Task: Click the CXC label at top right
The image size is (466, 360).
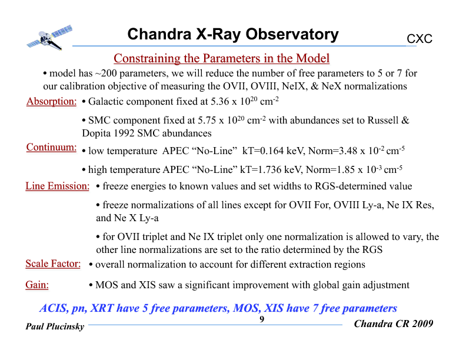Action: point(420,39)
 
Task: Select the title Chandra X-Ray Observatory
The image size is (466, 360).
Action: point(233,35)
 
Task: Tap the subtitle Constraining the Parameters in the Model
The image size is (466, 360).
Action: point(221,58)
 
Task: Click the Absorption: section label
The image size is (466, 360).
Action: point(51,101)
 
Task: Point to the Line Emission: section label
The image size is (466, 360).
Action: point(57,186)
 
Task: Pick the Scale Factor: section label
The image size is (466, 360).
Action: point(53,264)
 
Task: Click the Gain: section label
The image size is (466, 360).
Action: point(37,285)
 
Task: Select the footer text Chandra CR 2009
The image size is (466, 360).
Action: point(394,324)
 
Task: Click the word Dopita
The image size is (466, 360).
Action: point(98,133)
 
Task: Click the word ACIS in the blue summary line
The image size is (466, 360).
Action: point(52,308)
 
